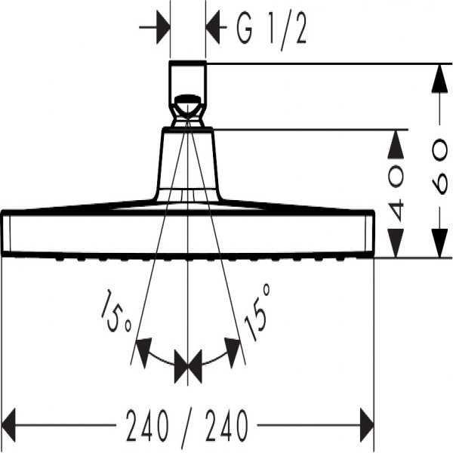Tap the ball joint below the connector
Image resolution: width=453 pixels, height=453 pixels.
tap(187, 109)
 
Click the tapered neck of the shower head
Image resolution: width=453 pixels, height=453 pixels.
tap(188, 162)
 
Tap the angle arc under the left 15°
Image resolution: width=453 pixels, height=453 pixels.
tap(155, 359)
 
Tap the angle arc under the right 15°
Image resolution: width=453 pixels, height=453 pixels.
tap(220, 359)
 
